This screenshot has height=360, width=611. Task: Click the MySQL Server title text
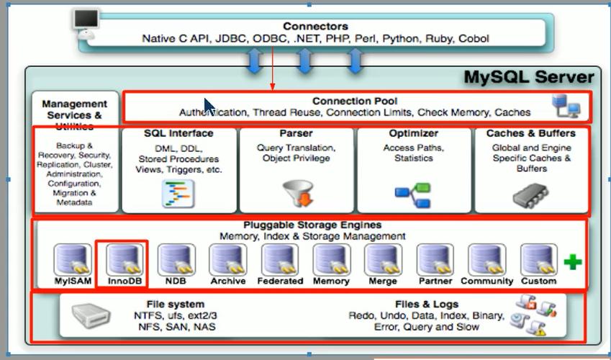click(x=528, y=77)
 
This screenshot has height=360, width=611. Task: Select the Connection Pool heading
click(x=355, y=102)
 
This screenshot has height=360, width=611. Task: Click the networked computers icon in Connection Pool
click(x=566, y=106)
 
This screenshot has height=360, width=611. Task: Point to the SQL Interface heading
click(x=178, y=134)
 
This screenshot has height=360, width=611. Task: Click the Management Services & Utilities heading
click(x=75, y=114)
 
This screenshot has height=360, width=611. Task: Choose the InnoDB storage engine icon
click(x=125, y=260)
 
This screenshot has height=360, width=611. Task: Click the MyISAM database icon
click(x=73, y=260)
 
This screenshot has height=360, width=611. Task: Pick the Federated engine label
click(x=280, y=282)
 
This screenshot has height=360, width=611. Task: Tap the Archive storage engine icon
click(x=228, y=260)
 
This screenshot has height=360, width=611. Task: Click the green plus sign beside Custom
click(x=572, y=262)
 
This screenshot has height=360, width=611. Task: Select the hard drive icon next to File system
click(x=91, y=315)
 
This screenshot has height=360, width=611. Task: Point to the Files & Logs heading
click(x=426, y=305)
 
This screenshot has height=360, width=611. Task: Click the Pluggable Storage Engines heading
click(x=312, y=225)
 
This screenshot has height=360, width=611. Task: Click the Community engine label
click(x=486, y=282)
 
